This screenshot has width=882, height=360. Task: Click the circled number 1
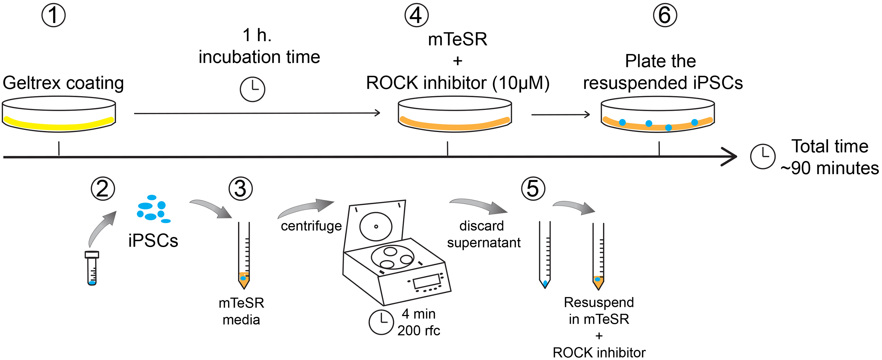tap(53, 15)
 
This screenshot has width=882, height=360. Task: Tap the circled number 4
tap(416, 15)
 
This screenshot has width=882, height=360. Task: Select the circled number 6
tap(665, 15)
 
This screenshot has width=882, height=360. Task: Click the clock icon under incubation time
tap(252, 89)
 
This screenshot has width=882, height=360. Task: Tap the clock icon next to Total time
tap(763, 156)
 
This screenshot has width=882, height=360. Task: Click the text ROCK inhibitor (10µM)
tap(457, 83)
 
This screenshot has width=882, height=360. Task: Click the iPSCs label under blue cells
tap(153, 241)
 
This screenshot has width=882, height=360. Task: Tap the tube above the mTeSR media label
tap(244, 255)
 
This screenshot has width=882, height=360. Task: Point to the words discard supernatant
tap(483, 234)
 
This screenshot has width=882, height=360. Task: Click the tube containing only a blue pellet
tap(544, 255)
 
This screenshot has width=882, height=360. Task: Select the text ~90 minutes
tap(829, 168)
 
